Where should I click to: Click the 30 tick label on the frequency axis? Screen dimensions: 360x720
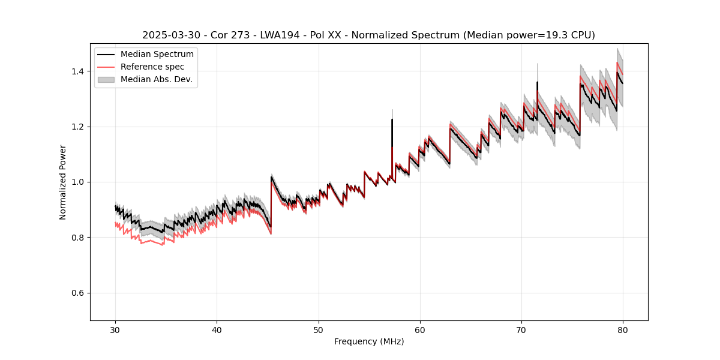115,329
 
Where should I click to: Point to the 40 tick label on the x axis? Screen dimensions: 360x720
217,329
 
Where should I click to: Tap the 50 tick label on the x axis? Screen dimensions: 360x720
319,329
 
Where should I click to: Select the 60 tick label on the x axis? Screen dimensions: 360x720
420,329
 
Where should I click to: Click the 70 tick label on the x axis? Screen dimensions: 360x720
521,329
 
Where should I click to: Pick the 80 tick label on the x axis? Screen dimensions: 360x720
623,329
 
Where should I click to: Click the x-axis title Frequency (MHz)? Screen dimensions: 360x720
369,341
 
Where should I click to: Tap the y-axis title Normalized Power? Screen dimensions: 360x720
63,182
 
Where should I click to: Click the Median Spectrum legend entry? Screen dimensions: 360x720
157,55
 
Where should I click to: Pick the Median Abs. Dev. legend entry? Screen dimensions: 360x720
157,79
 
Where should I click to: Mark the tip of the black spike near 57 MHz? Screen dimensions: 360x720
392,119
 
